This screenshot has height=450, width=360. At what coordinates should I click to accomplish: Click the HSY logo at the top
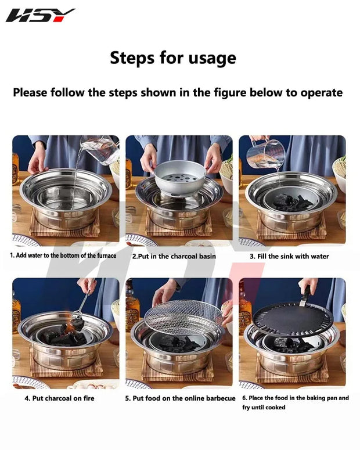coord(40,15)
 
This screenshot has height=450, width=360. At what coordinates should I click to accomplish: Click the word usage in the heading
coord(212,58)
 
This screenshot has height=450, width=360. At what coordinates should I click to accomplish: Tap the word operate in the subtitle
coord(321,93)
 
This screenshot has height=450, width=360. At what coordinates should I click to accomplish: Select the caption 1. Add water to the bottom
coord(63,255)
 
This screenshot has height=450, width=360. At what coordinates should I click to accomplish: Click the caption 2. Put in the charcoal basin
coord(174,256)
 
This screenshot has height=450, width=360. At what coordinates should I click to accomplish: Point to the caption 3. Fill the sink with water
coord(289,256)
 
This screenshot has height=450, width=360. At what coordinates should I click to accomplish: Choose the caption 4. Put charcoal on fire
coord(59,398)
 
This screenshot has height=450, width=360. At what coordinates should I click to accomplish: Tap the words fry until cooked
coord(264,408)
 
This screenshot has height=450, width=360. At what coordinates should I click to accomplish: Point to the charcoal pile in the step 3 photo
coord(292,201)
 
